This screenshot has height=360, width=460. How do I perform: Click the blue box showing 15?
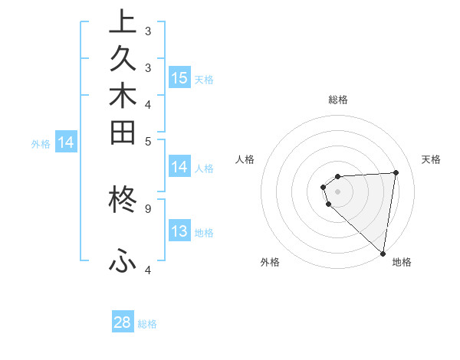[x=179, y=77]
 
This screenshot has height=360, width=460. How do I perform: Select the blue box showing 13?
[x=179, y=231]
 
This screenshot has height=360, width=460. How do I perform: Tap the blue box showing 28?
[x=123, y=322]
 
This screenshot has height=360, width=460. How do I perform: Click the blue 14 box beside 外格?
[x=67, y=142]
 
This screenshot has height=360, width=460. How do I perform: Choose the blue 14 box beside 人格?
[x=179, y=167]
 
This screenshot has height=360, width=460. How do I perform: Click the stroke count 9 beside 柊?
[x=148, y=207]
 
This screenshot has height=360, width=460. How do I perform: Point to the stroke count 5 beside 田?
[x=148, y=140]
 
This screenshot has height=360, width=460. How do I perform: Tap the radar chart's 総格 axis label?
[x=338, y=100]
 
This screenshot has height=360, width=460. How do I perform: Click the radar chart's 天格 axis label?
[x=431, y=159]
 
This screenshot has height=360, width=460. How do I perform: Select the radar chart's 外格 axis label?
[x=270, y=262]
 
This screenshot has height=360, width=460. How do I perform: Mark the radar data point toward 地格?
[x=383, y=254]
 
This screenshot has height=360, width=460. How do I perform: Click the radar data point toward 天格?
[x=396, y=172]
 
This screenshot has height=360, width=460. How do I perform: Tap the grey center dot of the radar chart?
[x=337, y=191]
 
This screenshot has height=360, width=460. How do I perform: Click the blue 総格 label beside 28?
[x=147, y=324]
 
